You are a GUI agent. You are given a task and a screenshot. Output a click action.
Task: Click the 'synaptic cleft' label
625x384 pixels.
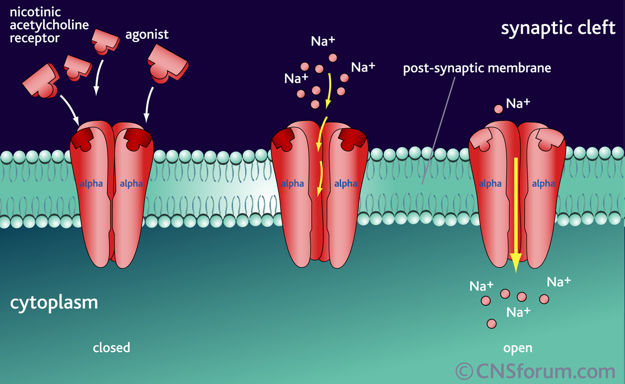558,29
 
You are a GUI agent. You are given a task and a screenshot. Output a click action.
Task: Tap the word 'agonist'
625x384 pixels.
147,35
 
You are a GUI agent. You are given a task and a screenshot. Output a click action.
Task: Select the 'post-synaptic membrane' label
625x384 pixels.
477,68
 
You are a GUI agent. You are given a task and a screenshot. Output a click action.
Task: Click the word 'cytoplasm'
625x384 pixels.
54,303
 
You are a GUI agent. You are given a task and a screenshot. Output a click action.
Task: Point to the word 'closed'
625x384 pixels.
111,347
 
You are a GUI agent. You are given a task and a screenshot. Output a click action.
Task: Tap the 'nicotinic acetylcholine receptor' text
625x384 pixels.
50,25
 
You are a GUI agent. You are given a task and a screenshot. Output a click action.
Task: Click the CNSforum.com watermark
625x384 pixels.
535,371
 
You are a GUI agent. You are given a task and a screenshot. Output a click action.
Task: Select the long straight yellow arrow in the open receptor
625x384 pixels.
516,215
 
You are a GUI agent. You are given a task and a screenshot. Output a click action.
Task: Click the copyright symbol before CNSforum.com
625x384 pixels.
464,371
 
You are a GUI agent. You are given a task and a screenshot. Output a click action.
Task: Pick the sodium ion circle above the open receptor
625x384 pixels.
499,109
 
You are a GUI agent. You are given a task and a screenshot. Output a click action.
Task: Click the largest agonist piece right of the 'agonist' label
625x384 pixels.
168,64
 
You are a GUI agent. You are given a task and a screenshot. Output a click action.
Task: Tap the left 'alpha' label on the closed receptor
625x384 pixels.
91,184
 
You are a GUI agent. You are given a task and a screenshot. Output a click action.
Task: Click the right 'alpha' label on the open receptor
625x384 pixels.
543,184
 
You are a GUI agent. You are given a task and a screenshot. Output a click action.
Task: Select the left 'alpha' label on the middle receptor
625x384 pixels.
292,184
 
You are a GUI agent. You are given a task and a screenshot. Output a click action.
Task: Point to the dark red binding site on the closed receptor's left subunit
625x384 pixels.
82,140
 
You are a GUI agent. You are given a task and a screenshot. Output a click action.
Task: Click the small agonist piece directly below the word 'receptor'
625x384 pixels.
77,68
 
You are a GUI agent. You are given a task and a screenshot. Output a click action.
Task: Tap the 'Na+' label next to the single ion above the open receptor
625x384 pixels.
518,103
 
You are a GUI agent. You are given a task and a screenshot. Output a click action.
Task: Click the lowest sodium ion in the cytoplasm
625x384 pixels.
491,324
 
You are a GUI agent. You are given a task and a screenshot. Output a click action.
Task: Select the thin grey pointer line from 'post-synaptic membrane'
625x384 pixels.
438,130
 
